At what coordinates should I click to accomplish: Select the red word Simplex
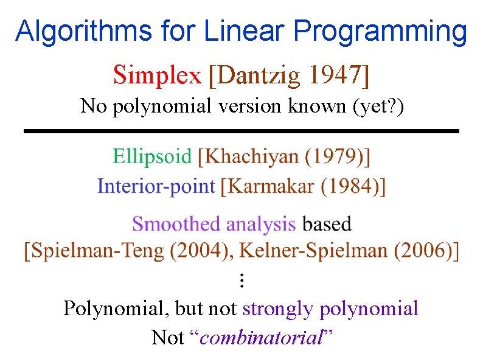point(157,75)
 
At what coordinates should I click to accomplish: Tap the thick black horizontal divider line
point(241,131)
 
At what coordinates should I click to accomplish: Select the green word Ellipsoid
point(152,157)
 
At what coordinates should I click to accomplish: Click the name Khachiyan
point(252,157)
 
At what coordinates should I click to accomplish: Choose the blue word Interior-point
point(156,186)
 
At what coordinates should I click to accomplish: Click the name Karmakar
point(268,186)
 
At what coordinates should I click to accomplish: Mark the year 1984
point(347,186)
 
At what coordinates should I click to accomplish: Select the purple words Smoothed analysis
point(214,224)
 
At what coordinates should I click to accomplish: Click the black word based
point(327,224)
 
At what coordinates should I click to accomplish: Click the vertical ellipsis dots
point(241,280)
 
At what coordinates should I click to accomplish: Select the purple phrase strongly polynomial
point(330,308)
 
